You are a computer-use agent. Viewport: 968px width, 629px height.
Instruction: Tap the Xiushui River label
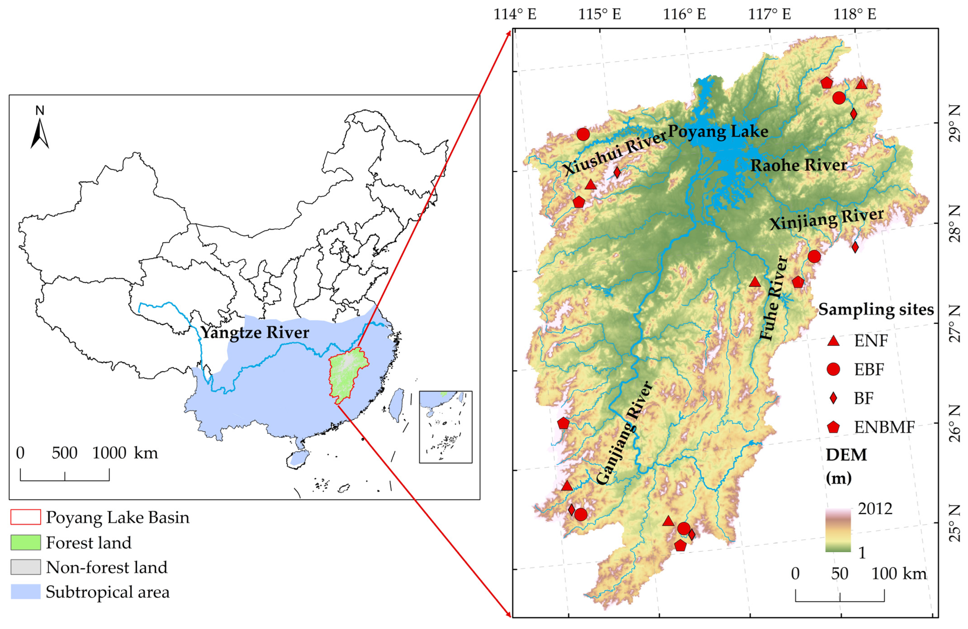point(614,153)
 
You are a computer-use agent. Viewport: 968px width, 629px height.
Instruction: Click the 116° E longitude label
point(685,15)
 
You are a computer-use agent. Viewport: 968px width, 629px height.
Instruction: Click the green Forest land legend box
point(26,542)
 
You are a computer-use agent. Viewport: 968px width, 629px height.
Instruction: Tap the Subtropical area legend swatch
point(26,592)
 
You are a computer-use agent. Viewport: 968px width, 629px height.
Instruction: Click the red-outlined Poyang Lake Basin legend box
point(26,517)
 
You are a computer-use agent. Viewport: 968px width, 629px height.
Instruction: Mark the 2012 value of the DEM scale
point(875,509)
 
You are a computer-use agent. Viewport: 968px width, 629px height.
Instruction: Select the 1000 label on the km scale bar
point(109,453)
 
